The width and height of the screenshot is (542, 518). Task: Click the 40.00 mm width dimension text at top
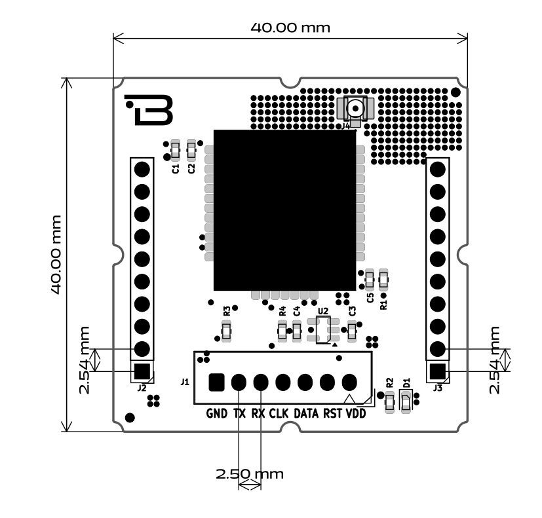290,28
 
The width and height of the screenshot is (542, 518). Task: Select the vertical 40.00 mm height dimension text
58,254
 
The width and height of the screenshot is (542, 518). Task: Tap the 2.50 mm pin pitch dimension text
249,473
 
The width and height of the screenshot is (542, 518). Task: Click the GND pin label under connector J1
217,414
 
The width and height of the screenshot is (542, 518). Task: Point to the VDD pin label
356,414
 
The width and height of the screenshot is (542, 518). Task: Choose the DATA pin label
305,414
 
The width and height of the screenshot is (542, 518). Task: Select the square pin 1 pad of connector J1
216,382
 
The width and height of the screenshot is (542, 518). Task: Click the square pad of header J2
142,371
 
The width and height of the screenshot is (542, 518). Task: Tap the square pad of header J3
438,371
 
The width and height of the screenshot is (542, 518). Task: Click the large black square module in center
284,210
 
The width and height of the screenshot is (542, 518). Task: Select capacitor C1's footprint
175,150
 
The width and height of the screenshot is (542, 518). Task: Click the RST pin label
332,414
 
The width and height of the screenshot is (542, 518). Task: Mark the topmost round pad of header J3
438,169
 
